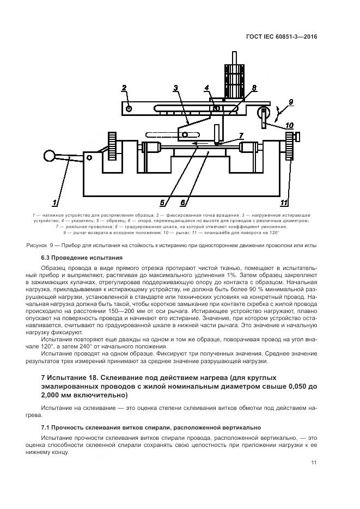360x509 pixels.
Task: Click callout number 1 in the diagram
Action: point(56,203)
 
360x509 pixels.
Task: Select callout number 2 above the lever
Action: point(124,88)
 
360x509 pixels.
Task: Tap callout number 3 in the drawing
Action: point(176,88)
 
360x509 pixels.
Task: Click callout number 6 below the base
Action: point(183,203)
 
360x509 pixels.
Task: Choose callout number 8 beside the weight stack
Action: point(254,88)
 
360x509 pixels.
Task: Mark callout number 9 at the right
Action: point(291,101)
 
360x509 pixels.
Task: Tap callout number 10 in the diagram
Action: point(290,125)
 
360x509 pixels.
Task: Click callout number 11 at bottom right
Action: point(283,203)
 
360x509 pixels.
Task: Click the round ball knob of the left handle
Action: point(50,156)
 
